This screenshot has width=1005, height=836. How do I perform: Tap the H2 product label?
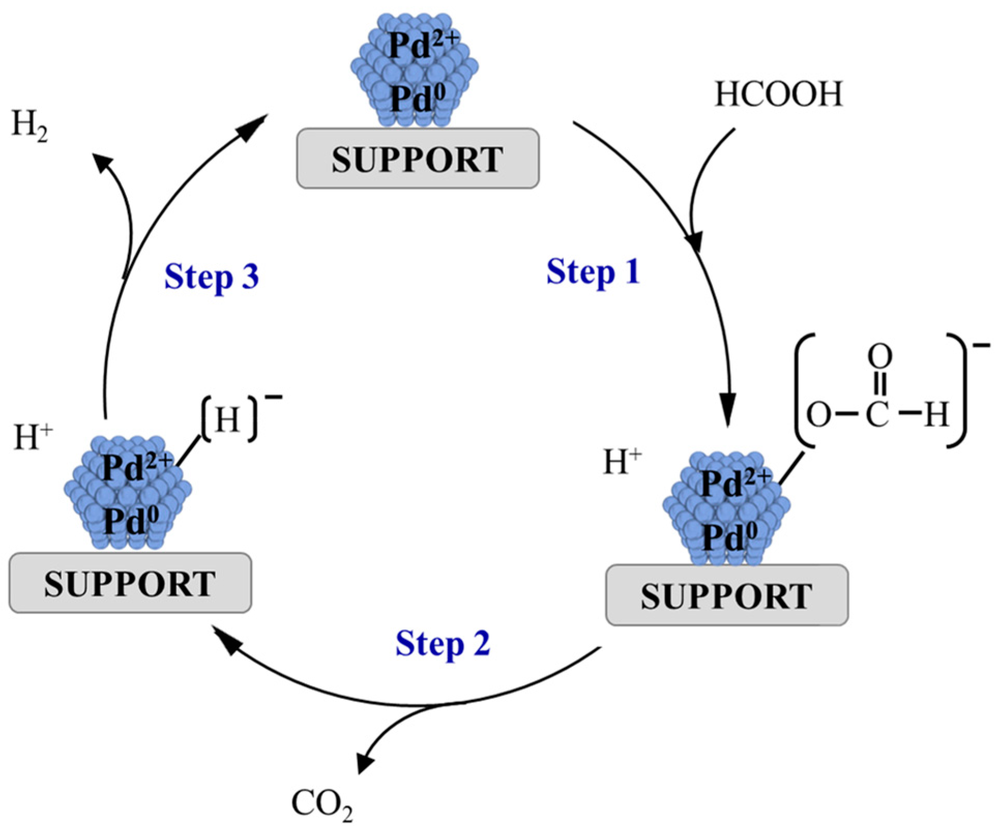pyautogui.click(x=29, y=126)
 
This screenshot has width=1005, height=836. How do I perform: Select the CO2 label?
pyautogui.click(x=321, y=804)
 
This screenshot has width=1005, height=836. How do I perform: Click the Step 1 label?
pyautogui.click(x=593, y=273)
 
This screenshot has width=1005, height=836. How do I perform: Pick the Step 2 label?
pyautogui.click(x=442, y=644)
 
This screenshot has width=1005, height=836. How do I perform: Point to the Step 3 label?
pyautogui.click(x=211, y=277)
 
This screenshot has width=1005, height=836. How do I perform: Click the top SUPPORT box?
pyautogui.click(x=418, y=159)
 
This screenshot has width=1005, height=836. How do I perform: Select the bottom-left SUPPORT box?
pyautogui.click(x=130, y=584)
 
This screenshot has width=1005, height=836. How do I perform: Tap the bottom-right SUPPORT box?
pyautogui.click(x=727, y=595)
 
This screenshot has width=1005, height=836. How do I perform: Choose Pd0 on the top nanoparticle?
pyautogui.click(x=417, y=98)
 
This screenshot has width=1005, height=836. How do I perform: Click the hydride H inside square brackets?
pyautogui.click(x=228, y=420)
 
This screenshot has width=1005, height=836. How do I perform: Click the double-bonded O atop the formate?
pyautogui.click(x=880, y=356)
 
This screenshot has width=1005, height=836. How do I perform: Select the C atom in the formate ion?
pyautogui.click(x=878, y=414)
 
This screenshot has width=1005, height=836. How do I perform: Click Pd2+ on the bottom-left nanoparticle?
pyautogui.click(x=136, y=467)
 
